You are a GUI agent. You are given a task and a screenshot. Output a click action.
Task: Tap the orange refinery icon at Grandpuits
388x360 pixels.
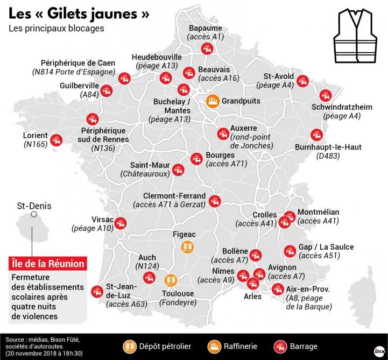click(x=213, y=101)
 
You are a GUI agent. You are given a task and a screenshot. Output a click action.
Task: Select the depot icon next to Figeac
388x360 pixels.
click(x=187, y=246)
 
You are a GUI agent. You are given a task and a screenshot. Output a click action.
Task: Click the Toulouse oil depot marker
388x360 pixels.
click(x=170, y=280)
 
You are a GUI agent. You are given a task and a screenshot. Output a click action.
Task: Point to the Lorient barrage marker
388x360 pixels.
click(x=56, y=142)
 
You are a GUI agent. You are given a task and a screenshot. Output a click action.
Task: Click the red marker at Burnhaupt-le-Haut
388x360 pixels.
click(x=316, y=135)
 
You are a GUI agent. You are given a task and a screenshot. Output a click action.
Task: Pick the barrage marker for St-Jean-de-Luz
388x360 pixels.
click(x=98, y=291)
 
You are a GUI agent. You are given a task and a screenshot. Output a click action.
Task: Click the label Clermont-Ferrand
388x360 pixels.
click(x=174, y=196)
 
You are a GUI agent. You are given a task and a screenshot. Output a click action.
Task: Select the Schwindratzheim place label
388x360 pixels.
click(x=342, y=107)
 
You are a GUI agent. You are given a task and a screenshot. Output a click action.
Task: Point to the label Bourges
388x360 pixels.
click(x=219, y=155)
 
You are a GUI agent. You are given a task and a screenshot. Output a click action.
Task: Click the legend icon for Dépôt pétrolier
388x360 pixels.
click(x=130, y=346)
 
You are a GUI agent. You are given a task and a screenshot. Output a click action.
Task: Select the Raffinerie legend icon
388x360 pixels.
click(x=217, y=346)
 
